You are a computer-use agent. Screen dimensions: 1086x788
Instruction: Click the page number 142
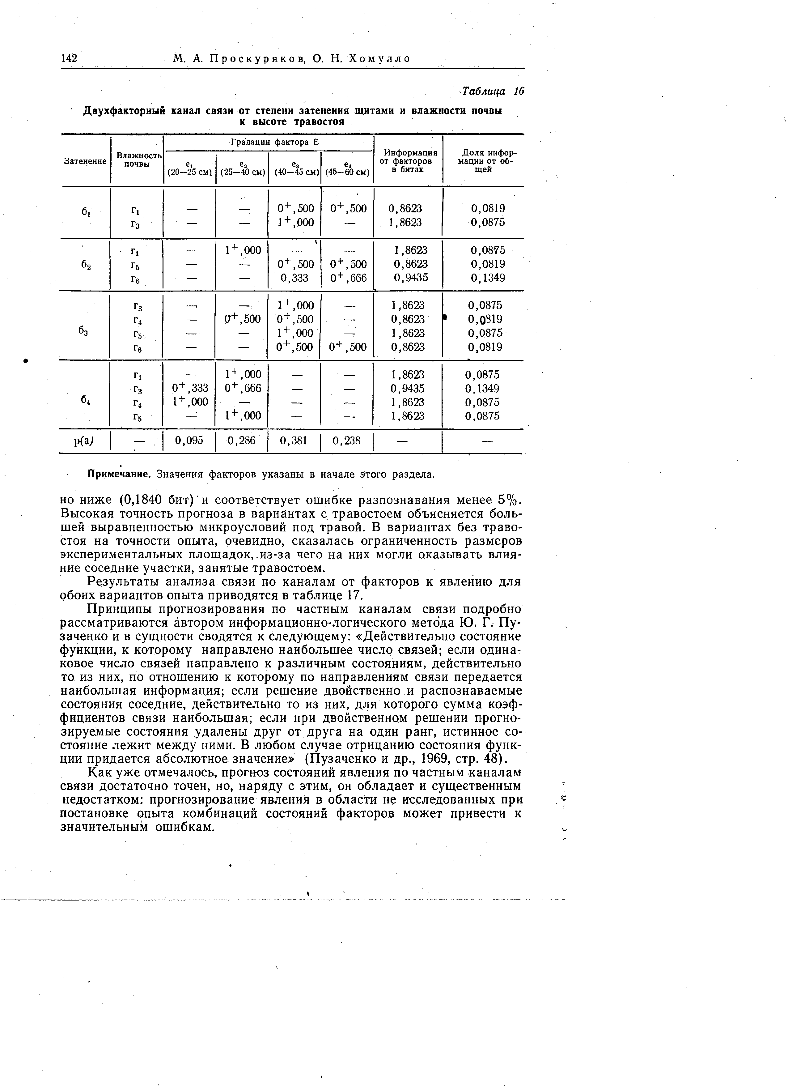pos(70,58)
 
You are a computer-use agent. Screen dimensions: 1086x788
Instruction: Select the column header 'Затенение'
pos(85,161)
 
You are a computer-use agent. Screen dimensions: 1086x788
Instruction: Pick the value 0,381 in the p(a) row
pos(294,440)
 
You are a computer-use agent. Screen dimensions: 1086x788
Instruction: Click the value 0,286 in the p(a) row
pos(241,440)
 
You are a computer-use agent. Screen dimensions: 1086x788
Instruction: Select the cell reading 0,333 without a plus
pos(294,278)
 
